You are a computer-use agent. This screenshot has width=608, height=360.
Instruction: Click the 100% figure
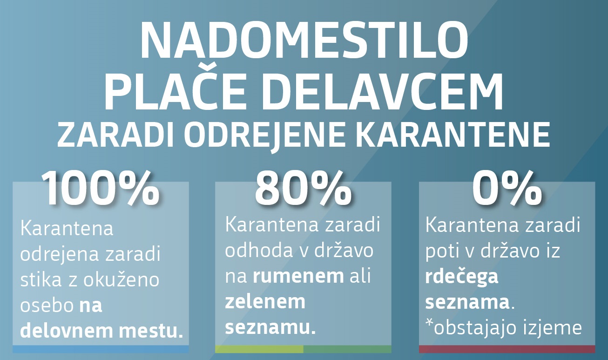pyautogui.click(x=101, y=189)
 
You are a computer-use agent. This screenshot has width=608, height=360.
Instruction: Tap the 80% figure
pyautogui.click(x=303, y=189)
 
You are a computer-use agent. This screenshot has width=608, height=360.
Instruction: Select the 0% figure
pyautogui.click(x=507, y=189)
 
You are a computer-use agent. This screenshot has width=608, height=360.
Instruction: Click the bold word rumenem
pyautogui.click(x=298, y=276)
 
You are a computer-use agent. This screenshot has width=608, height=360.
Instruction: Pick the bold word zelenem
pyautogui.click(x=265, y=302)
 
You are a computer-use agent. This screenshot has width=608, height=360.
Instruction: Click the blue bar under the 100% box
pyautogui.click(x=101, y=349)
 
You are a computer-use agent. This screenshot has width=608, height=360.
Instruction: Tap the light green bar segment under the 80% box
pyautogui.click(x=259, y=349)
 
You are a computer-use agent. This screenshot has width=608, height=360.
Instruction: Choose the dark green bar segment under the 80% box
pyautogui.click(x=347, y=349)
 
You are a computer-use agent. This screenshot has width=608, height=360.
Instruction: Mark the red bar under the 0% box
pyautogui.click(x=507, y=349)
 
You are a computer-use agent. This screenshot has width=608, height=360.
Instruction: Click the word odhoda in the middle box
pyautogui.click(x=259, y=250)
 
